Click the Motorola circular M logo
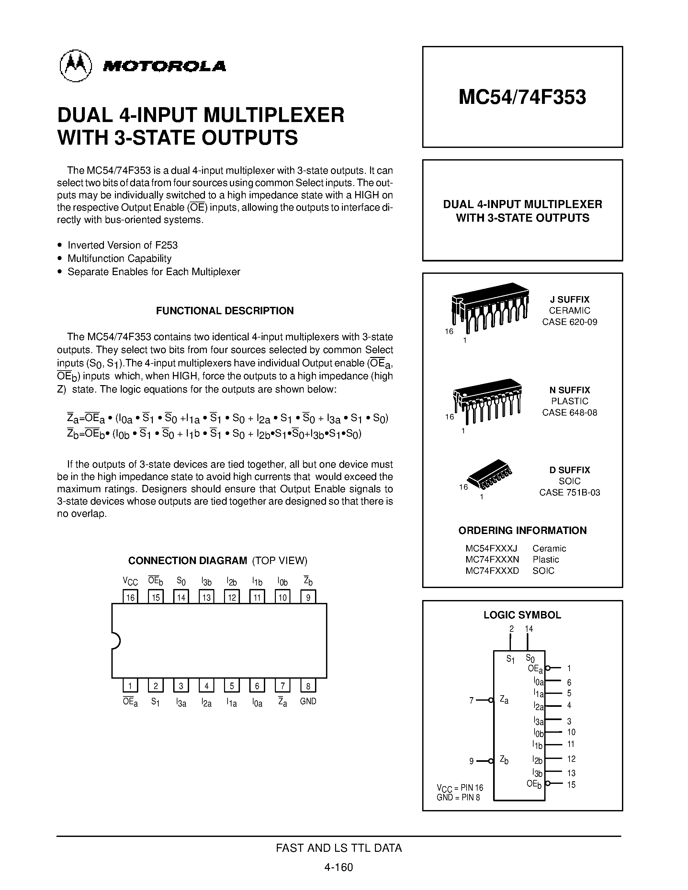point(76,66)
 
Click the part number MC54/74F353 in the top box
point(522,97)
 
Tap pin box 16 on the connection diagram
point(130,597)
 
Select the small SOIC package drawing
point(490,474)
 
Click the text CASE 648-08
point(570,412)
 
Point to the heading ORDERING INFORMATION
point(522,530)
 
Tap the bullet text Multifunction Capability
point(119,258)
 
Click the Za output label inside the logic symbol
point(504,700)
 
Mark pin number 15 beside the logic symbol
point(571,785)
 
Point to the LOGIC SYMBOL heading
point(522,615)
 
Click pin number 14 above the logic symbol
point(529,629)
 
